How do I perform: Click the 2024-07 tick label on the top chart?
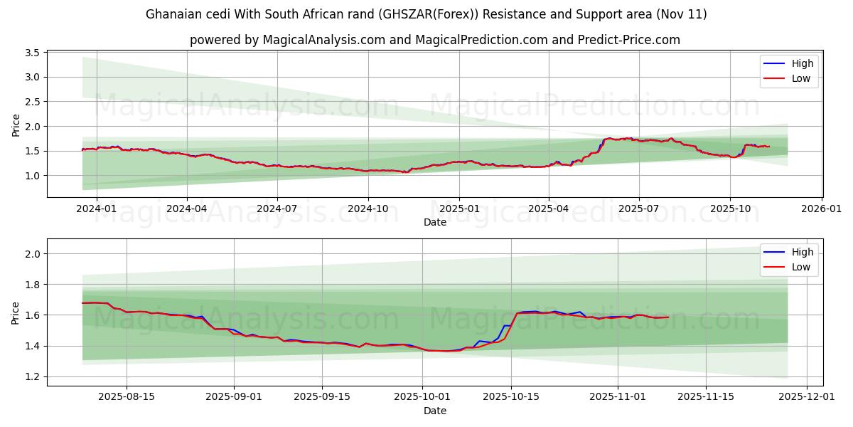(x=277, y=209)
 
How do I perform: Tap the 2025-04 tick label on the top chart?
(x=548, y=209)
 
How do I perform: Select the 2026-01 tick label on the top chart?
(x=822, y=209)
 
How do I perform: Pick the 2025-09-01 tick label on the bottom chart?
(x=234, y=397)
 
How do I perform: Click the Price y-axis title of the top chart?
(x=16, y=124)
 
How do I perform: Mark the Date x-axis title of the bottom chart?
(x=435, y=411)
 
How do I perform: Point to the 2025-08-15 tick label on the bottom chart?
(x=127, y=397)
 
